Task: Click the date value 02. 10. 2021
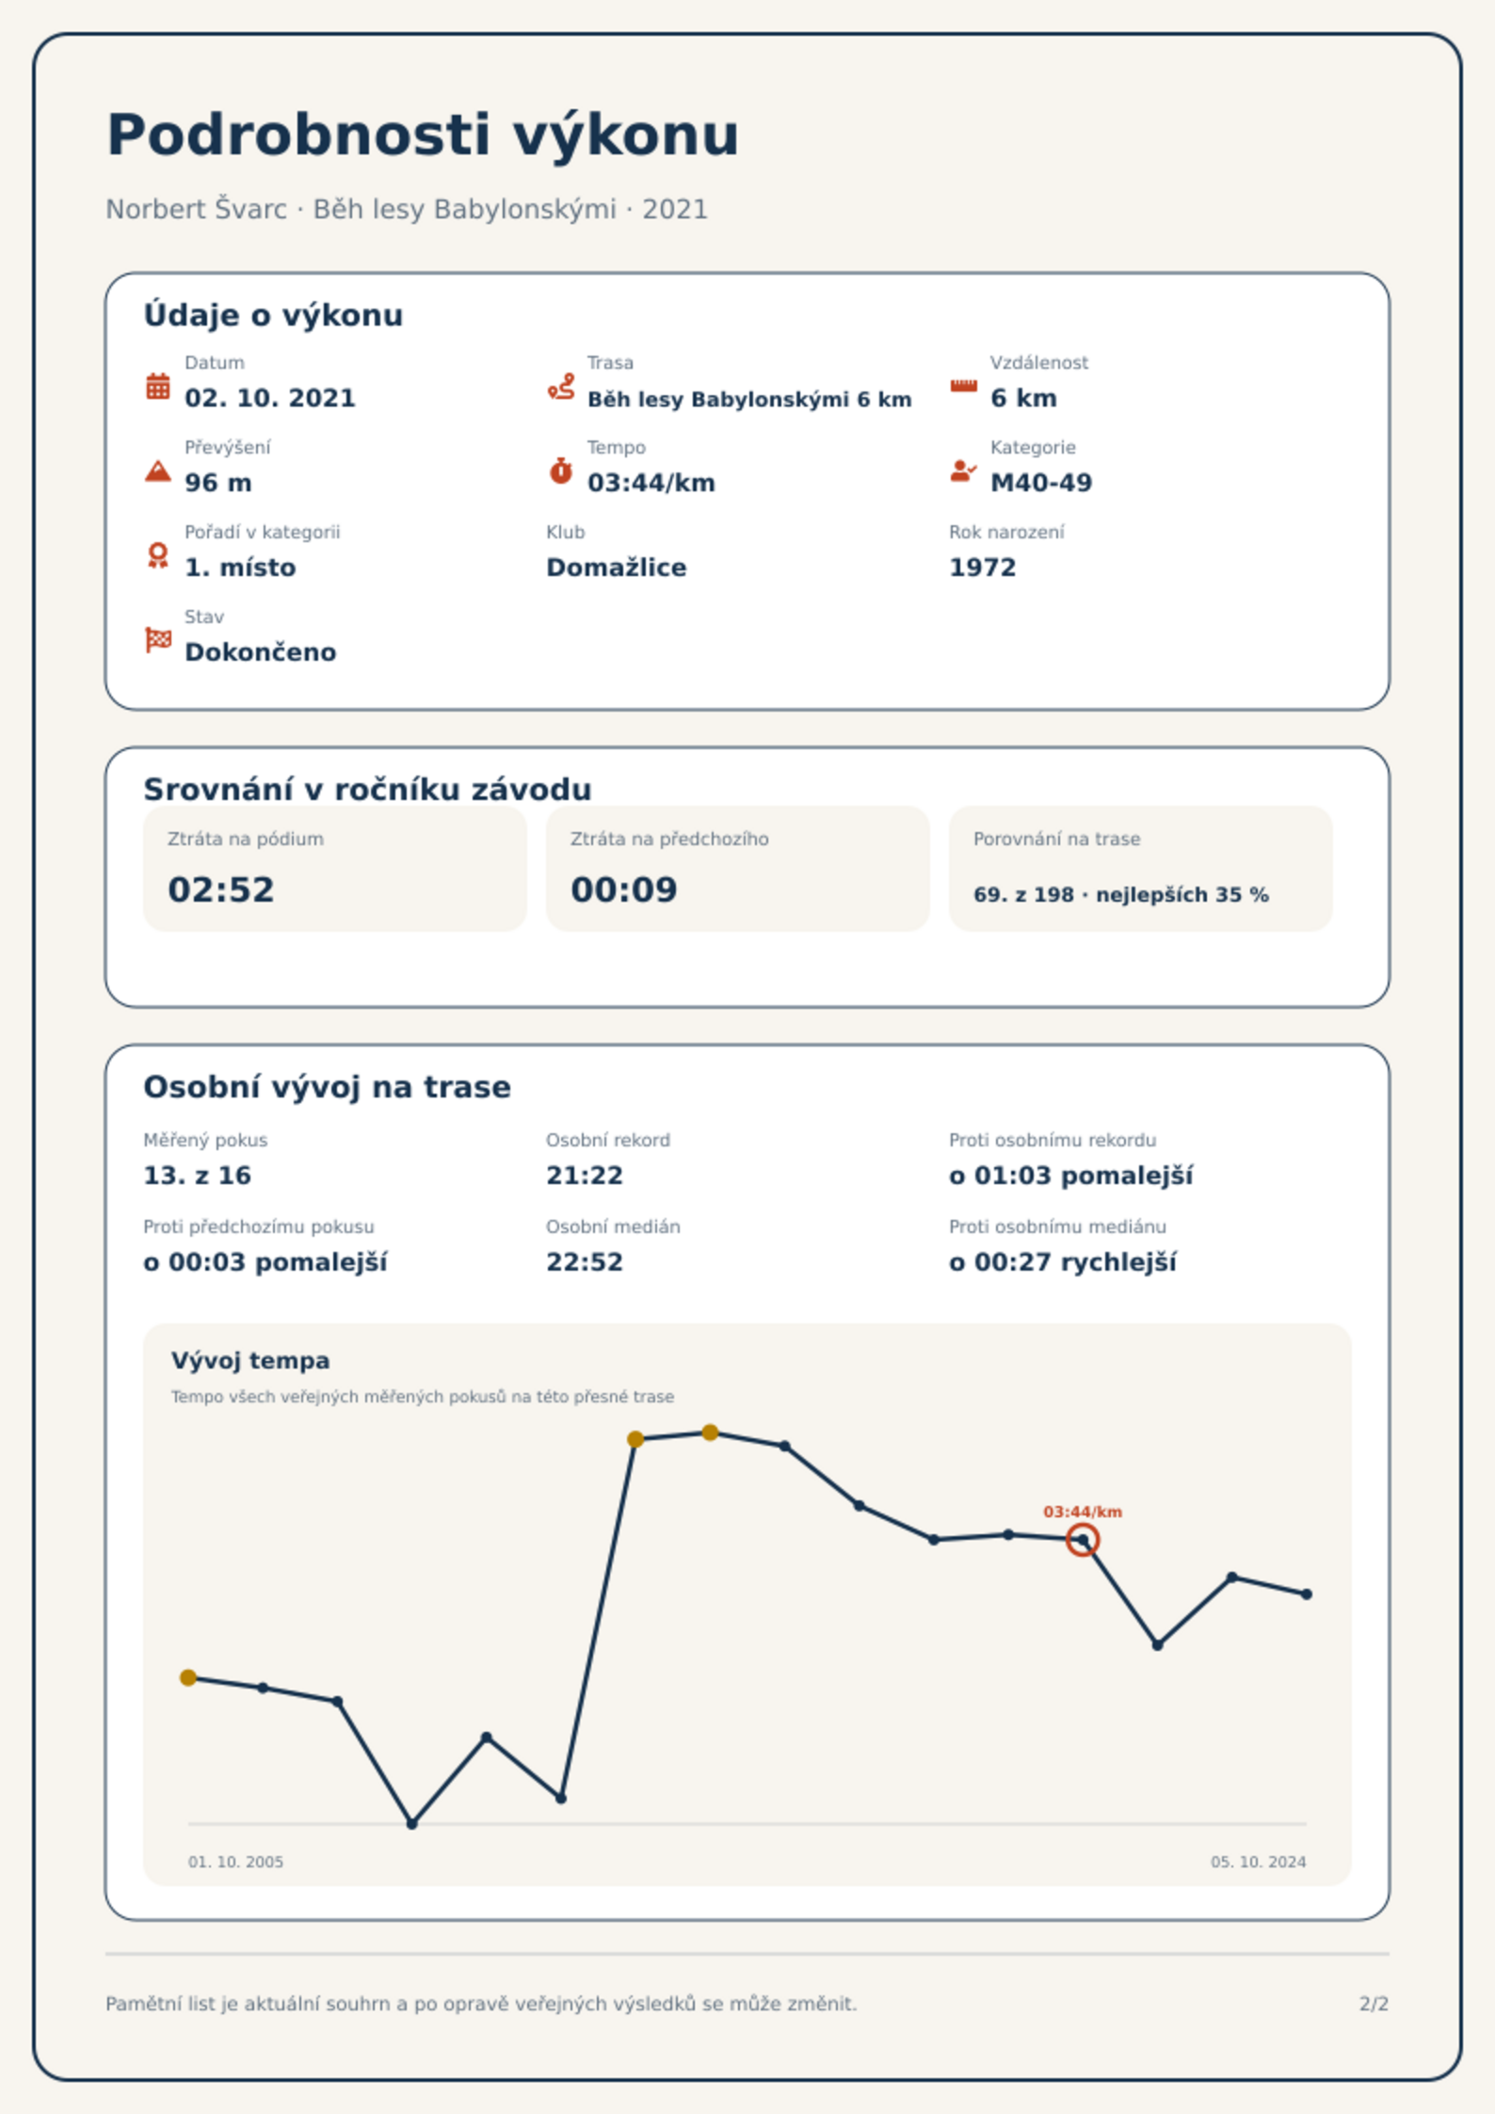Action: tap(270, 398)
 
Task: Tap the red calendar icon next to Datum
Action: tap(158, 386)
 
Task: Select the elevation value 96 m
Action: tap(218, 483)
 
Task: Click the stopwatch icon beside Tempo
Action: tap(561, 471)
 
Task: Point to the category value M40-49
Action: tap(1041, 483)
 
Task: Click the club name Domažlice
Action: tap(617, 568)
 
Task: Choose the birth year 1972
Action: tap(983, 568)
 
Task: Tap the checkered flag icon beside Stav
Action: tap(158, 640)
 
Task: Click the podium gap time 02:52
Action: tap(221, 889)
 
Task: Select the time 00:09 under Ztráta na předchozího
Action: tap(624, 889)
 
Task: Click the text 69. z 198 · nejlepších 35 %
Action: tap(1121, 895)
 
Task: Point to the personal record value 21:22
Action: tap(585, 1176)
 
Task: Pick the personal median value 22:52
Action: tap(585, 1262)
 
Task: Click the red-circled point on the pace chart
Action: tap(1083, 1541)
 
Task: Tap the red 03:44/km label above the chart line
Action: tap(1083, 1512)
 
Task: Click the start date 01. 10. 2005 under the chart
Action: tap(235, 1862)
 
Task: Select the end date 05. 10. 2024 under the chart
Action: tap(1259, 1862)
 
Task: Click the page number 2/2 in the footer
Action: tap(1374, 2004)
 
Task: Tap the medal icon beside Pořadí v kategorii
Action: tap(158, 555)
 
